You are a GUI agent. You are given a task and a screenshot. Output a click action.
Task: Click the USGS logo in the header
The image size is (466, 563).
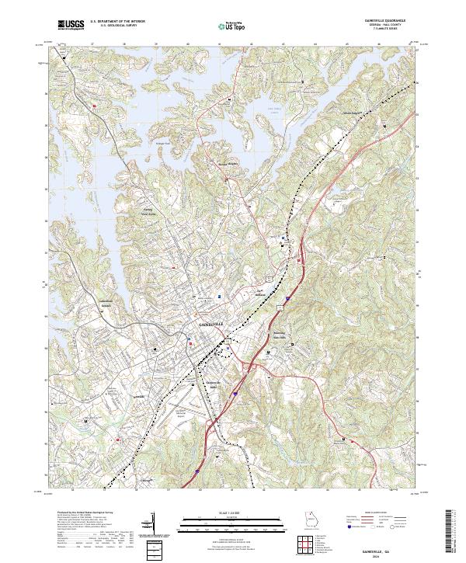71,25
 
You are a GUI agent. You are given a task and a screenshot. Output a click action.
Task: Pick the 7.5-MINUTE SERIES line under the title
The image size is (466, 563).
382,30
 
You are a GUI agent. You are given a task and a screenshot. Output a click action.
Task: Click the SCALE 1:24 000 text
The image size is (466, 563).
232,513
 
